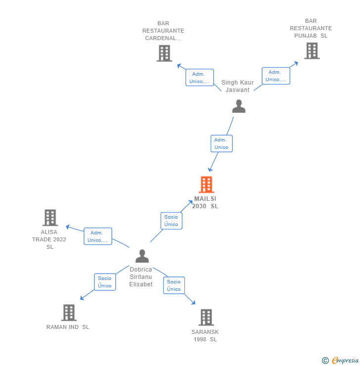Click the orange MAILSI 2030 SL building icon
pyautogui.click(x=206, y=184)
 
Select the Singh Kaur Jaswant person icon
pyautogui.click(x=239, y=106)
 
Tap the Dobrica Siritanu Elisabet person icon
pyautogui.click(x=142, y=256)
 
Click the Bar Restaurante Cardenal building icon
pyautogui.click(x=164, y=53)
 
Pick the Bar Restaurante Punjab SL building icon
pyautogui.click(x=312, y=50)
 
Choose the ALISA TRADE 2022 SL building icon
pyautogui.click(x=50, y=218)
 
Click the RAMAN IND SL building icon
pyautogui.click(x=69, y=313)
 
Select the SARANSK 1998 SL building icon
pyautogui.click(x=206, y=317)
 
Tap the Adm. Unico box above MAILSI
pyautogui.click(x=221, y=143)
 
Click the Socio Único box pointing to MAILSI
pyautogui.click(x=171, y=221)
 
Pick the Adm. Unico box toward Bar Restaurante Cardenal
pyautogui.click(x=199, y=78)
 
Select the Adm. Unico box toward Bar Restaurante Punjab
pyautogui.click(x=275, y=76)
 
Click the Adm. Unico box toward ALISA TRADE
pyautogui.click(x=97, y=236)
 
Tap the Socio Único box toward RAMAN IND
pyautogui.click(x=105, y=282)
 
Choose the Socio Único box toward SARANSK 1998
pyautogui.click(x=174, y=285)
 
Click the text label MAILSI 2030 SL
pyautogui.click(x=205, y=202)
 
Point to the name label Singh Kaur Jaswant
pyautogui.click(x=237, y=86)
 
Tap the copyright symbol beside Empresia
pyautogui.click(x=325, y=361)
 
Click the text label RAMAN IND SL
pyautogui.click(x=68, y=327)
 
